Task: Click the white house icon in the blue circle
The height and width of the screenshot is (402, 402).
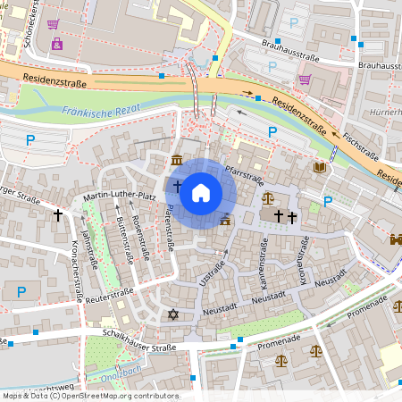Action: tap(201, 193)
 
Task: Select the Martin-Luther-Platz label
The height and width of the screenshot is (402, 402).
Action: tap(120, 196)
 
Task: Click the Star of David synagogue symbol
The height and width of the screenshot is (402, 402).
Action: tap(173, 314)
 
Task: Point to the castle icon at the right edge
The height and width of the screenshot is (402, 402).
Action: tap(396, 239)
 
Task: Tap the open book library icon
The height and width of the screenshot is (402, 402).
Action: tap(319, 166)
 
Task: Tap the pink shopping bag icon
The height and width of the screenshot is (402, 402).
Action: tap(57, 43)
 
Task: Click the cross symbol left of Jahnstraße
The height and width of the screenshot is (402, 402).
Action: tap(59, 215)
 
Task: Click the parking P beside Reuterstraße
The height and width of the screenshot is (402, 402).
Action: tap(21, 291)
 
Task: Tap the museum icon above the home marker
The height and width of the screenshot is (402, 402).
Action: tap(177, 160)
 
